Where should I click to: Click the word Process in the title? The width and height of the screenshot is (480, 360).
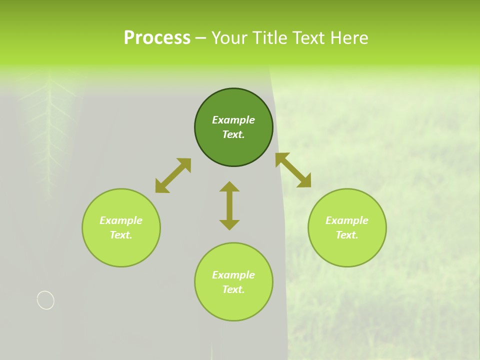pyautogui.click(x=157, y=38)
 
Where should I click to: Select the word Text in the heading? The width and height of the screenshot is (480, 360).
pyautogui.click(x=307, y=38)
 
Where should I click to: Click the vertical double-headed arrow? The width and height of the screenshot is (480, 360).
pyautogui.click(x=229, y=206)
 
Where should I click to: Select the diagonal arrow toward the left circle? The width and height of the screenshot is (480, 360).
pyautogui.click(x=173, y=175)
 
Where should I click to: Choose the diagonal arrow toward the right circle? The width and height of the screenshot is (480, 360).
pyautogui.click(x=293, y=170)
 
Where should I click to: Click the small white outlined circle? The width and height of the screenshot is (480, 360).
pyautogui.click(x=45, y=300)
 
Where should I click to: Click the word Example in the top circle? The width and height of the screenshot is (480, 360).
pyautogui.click(x=233, y=120)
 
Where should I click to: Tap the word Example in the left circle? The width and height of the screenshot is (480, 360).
pyautogui.click(x=121, y=220)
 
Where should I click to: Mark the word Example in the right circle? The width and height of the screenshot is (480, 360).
pyautogui.click(x=347, y=220)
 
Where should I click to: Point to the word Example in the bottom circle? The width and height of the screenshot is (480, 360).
pyautogui.click(x=233, y=275)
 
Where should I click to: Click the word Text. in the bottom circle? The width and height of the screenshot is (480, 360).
pyautogui.click(x=233, y=289)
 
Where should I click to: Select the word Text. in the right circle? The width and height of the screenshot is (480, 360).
pyautogui.click(x=347, y=235)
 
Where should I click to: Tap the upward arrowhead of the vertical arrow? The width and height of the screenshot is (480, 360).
pyautogui.click(x=229, y=187)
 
